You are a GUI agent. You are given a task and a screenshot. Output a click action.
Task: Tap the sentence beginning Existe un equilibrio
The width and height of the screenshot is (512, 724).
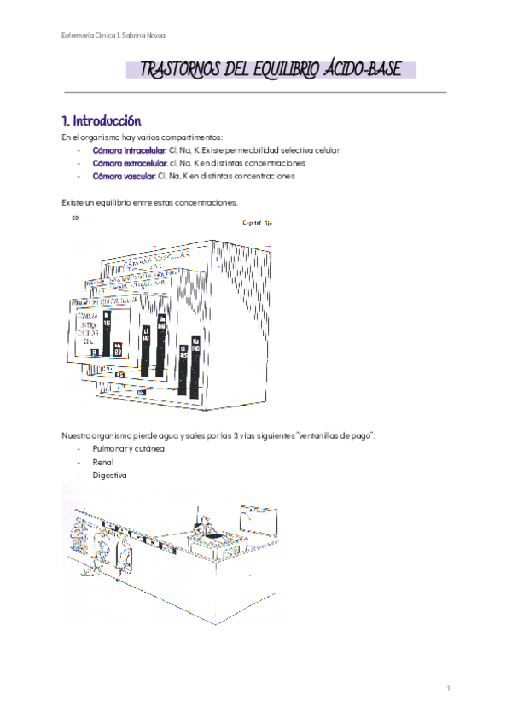pyautogui.click(x=149, y=202)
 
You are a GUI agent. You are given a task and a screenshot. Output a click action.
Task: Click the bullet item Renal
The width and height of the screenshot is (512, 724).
pyautogui.click(x=102, y=462)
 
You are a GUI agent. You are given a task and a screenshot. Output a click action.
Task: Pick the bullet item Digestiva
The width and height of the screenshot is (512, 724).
pyautogui.click(x=109, y=475)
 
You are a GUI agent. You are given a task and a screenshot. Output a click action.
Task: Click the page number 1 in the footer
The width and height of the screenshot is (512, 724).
pyautogui.click(x=448, y=688)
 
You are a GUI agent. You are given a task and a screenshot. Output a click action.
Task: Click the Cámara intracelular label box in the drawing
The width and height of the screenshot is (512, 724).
pyautogui.click(x=88, y=329)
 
